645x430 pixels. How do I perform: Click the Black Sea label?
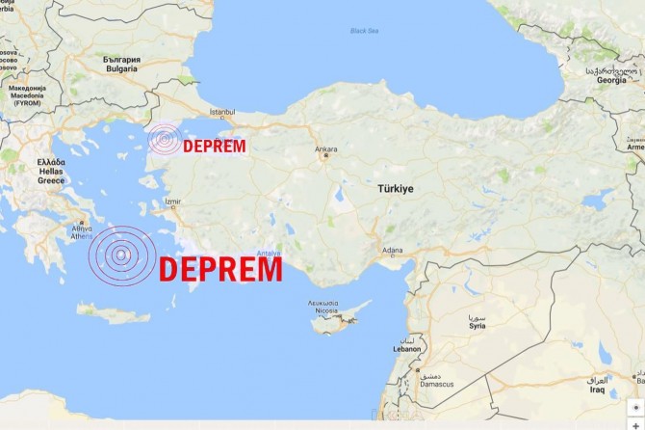tap(366, 30)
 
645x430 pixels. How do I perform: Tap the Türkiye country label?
tap(393, 189)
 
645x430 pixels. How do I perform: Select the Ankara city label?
tap(325, 149)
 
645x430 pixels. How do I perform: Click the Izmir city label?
tap(172, 202)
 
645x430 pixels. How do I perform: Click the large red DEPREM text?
tap(220, 268)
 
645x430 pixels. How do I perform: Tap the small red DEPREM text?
tap(214, 147)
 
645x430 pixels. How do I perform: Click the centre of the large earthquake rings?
tap(121, 256)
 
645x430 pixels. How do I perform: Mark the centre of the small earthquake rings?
tap(166, 142)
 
